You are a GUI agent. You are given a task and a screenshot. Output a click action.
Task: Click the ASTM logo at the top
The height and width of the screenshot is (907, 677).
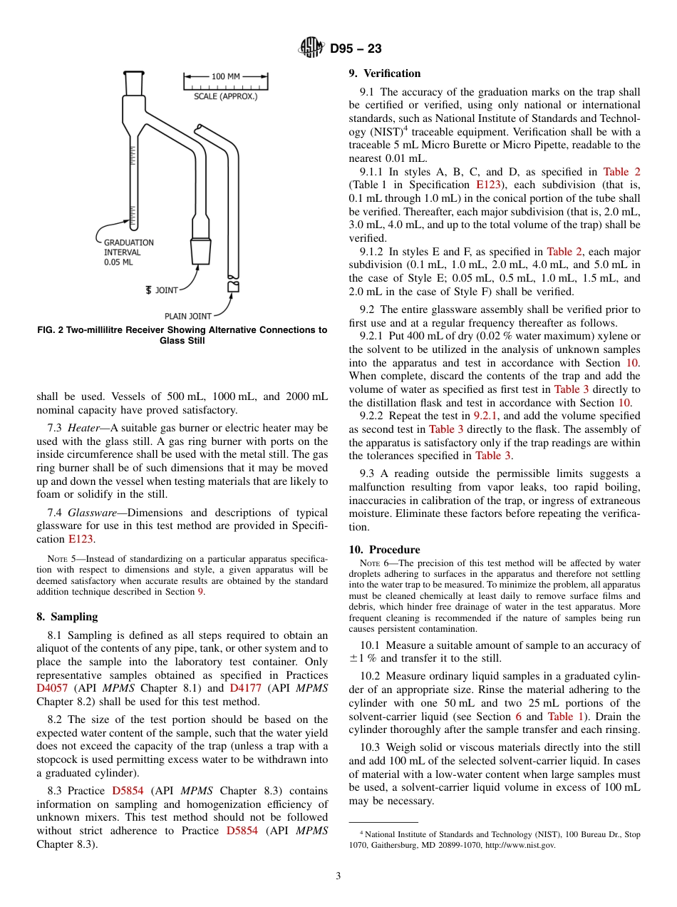(x=311, y=48)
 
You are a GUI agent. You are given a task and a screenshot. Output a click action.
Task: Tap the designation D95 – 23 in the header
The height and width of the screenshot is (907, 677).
(x=356, y=48)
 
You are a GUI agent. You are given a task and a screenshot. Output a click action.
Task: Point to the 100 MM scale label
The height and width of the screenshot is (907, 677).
(x=225, y=76)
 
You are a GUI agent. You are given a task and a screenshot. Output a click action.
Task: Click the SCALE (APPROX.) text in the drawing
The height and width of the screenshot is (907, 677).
(x=226, y=96)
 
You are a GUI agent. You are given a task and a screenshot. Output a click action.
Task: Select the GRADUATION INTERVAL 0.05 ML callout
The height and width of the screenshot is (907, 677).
(x=128, y=252)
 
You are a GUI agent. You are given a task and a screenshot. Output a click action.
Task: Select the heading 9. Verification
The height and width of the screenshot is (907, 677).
(x=384, y=73)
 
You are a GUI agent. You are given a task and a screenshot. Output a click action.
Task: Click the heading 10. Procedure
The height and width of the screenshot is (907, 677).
(x=384, y=550)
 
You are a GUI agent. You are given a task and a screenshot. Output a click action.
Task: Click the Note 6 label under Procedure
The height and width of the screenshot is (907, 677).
(x=374, y=563)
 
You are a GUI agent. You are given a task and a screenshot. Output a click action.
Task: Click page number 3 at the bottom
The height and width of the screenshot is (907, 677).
(x=338, y=876)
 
